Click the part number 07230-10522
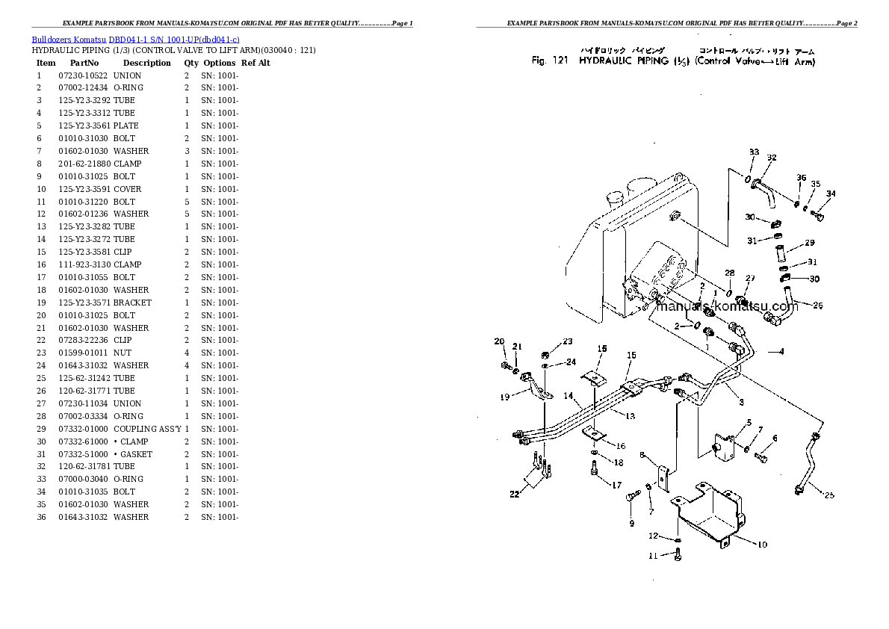coord(83,75)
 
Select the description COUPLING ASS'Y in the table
coord(146,429)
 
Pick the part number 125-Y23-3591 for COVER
coord(84,189)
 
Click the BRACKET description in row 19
coord(132,303)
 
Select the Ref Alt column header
coord(255,63)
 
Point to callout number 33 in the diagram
coord(754,152)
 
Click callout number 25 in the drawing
coord(830,495)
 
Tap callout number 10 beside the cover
coord(762,545)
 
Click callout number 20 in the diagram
coord(499,341)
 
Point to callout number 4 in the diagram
coord(781,351)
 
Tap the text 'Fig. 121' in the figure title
coord(550,61)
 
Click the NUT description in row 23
coord(123,353)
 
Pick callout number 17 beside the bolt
coord(616,485)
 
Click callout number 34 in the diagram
coord(831,193)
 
